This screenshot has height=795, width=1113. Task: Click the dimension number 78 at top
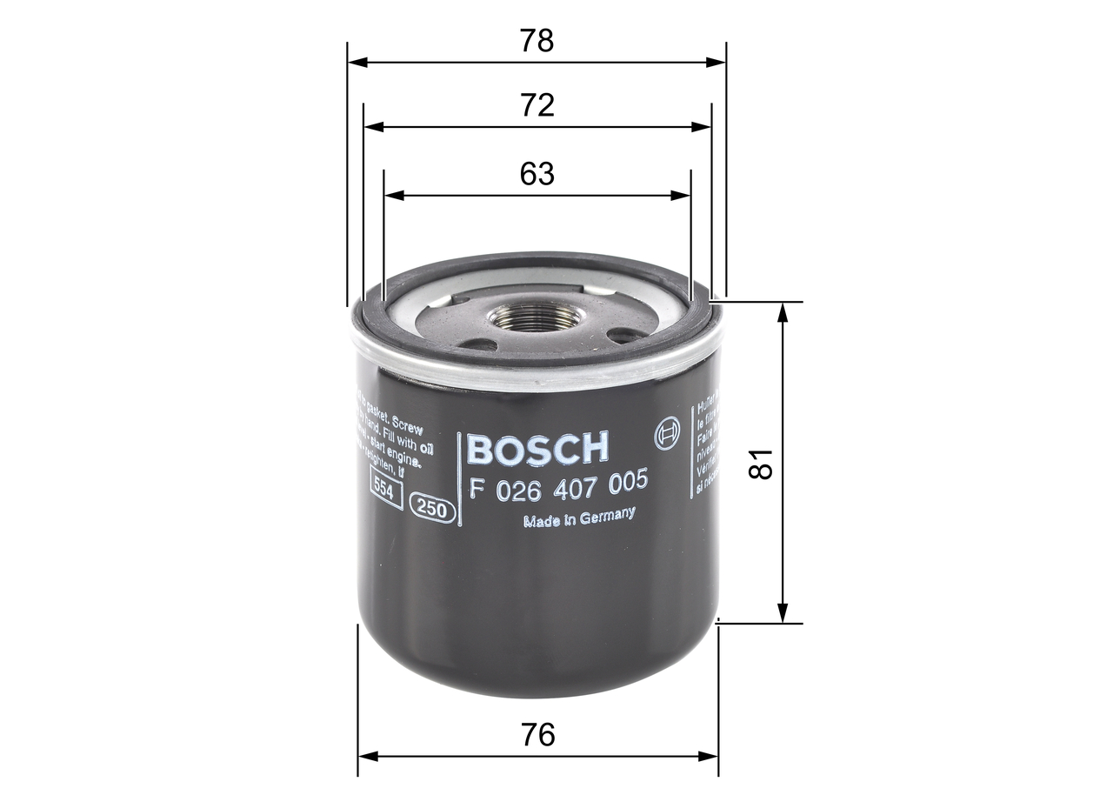(x=537, y=41)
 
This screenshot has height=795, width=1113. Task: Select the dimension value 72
(x=537, y=105)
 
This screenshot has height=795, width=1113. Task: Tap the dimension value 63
(x=537, y=174)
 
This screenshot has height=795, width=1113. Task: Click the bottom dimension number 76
(x=538, y=735)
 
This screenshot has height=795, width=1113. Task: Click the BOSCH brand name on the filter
(x=538, y=448)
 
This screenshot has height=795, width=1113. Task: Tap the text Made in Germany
(x=578, y=518)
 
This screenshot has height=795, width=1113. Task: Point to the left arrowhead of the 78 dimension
(x=355, y=63)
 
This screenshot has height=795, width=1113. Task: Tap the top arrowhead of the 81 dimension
(x=783, y=311)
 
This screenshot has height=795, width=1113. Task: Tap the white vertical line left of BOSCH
(x=458, y=479)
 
